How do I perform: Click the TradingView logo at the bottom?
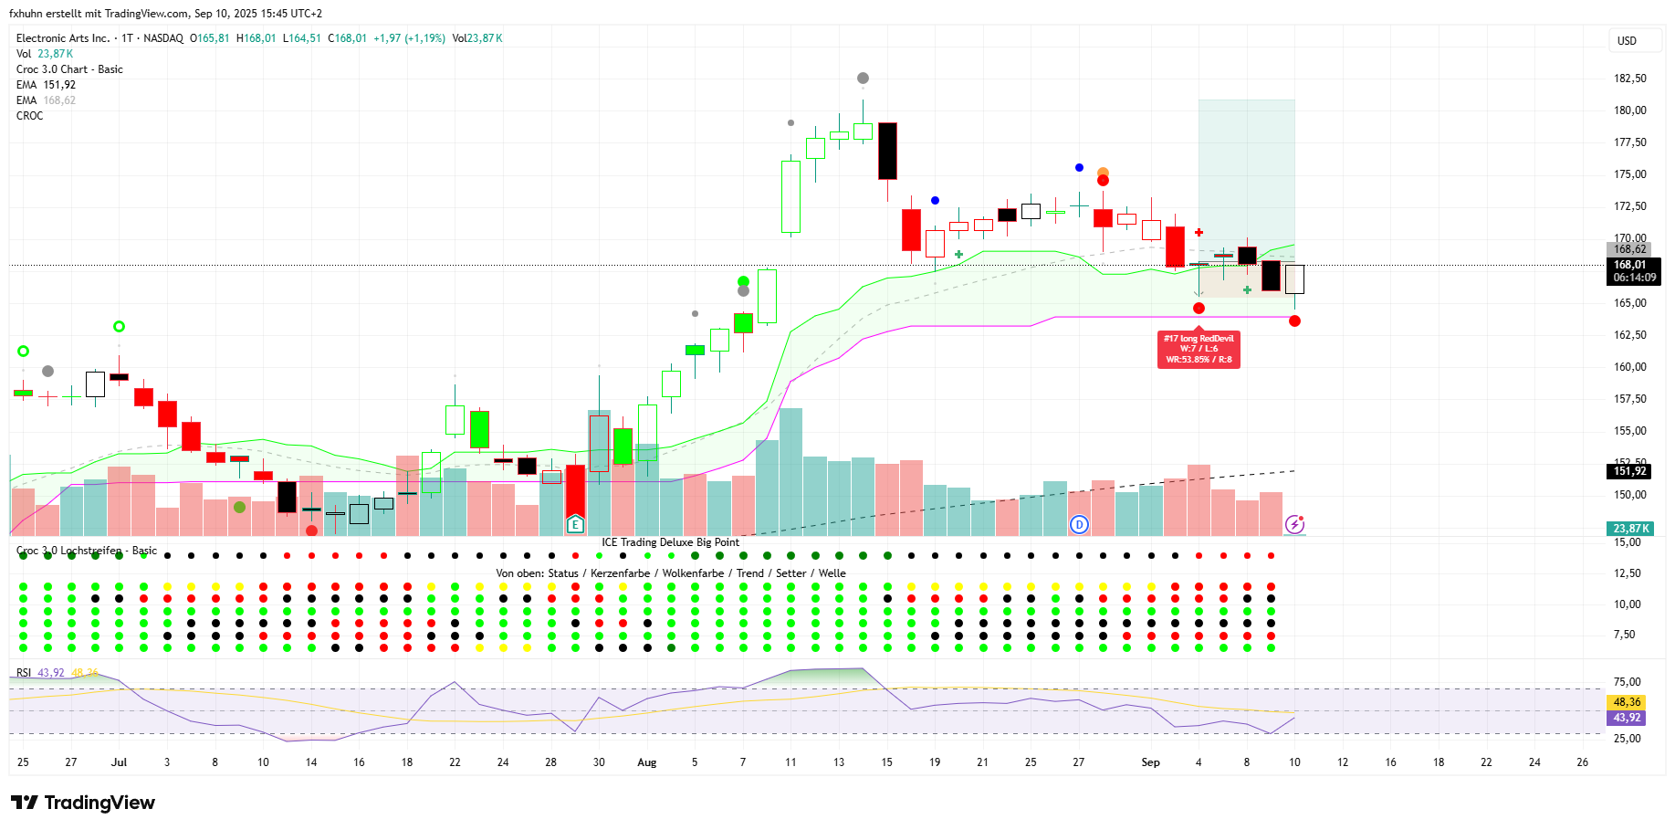(83, 803)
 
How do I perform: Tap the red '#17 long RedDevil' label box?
(1199, 349)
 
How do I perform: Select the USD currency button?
(1627, 41)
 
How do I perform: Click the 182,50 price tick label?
(1629, 79)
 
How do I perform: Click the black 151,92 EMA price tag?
(1629, 471)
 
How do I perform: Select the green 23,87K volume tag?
(1630, 529)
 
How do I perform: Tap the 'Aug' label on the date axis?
(646, 762)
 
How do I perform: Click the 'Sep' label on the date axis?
(1150, 762)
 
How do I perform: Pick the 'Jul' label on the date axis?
(119, 762)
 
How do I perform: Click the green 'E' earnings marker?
(575, 524)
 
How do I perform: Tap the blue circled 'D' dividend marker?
(1080, 524)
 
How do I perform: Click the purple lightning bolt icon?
(1294, 524)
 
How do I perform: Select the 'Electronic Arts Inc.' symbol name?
(63, 38)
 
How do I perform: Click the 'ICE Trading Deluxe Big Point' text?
(670, 542)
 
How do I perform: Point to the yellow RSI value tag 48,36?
(1627, 702)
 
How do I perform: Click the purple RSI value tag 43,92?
(1627, 718)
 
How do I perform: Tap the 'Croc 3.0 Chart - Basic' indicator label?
(69, 69)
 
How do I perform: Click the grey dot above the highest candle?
(863, 79)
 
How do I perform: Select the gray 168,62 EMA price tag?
(1629, 249)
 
